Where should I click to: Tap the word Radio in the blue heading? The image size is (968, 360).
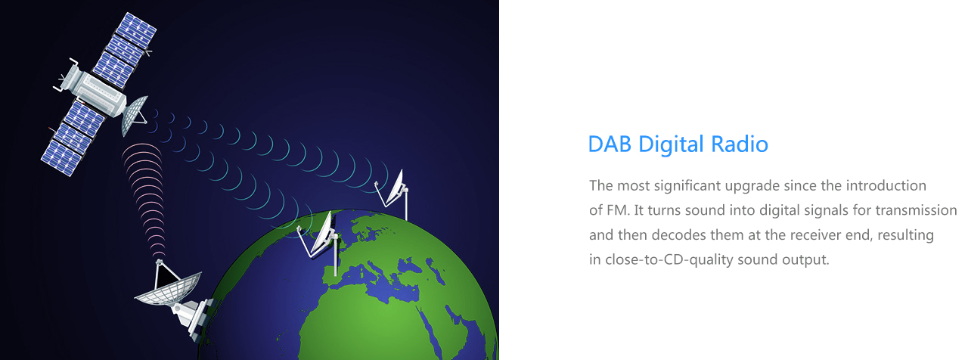tap(740, 144)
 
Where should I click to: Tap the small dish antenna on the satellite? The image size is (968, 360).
tap(133, 114)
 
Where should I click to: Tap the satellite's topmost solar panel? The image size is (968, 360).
tap(138, 29)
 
